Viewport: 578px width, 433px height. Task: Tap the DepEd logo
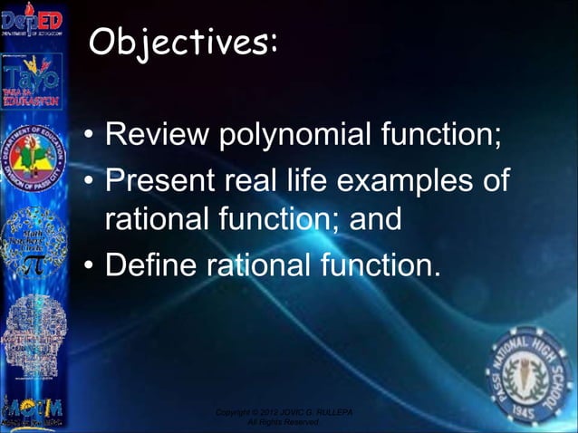(x=32, y=19)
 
